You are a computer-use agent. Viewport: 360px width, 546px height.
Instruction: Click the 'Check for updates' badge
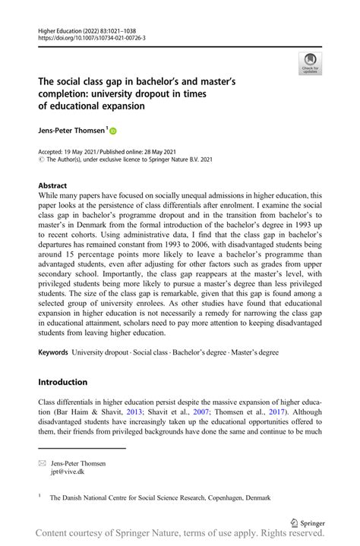[310, 63]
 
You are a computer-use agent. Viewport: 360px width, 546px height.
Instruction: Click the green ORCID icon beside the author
[114, 131]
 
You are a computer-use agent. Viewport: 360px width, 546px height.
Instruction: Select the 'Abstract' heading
[52, 185]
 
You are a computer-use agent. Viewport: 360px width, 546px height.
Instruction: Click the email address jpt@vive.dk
[68, 471]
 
